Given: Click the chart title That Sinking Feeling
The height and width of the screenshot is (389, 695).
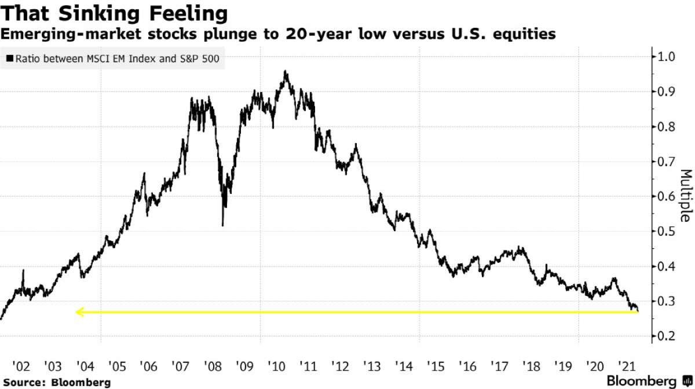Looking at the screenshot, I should (113, 13).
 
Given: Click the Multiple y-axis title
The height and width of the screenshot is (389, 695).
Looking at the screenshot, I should (685, 196).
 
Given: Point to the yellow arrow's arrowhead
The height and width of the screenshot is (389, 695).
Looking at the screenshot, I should (79, 312).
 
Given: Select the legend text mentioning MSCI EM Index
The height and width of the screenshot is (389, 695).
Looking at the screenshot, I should (118, 59).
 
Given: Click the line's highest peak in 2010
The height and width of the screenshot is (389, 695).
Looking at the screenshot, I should (285, 71).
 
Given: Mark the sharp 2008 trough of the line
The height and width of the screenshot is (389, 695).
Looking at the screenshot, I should (223, 225).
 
